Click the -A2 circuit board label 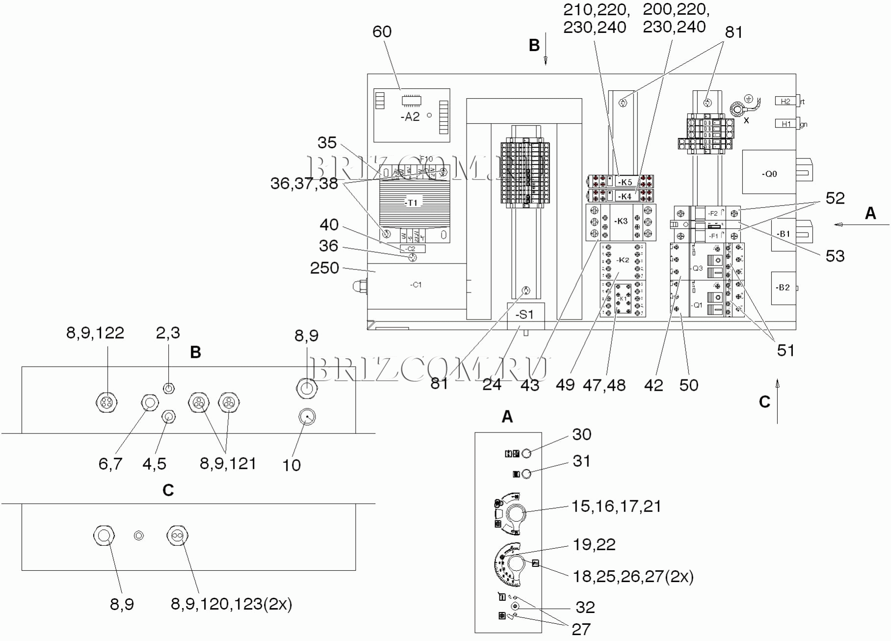point(410,117)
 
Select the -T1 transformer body point(414,203)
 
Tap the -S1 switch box point(524,315)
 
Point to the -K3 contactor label point(621,221)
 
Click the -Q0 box point(769,174)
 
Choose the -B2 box point(783,288)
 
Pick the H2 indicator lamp point(786,101)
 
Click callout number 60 point(382,32)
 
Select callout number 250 point(324,268)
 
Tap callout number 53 point(835,256)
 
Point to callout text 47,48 point(604,385)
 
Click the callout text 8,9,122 point(95,333)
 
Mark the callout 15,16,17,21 point(616,507)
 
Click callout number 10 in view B point(291,465)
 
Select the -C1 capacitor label point(416,285)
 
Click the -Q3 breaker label point(697,268)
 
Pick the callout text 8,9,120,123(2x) point(231,604)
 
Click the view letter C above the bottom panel point(168,490)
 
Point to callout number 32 point(585,608)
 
